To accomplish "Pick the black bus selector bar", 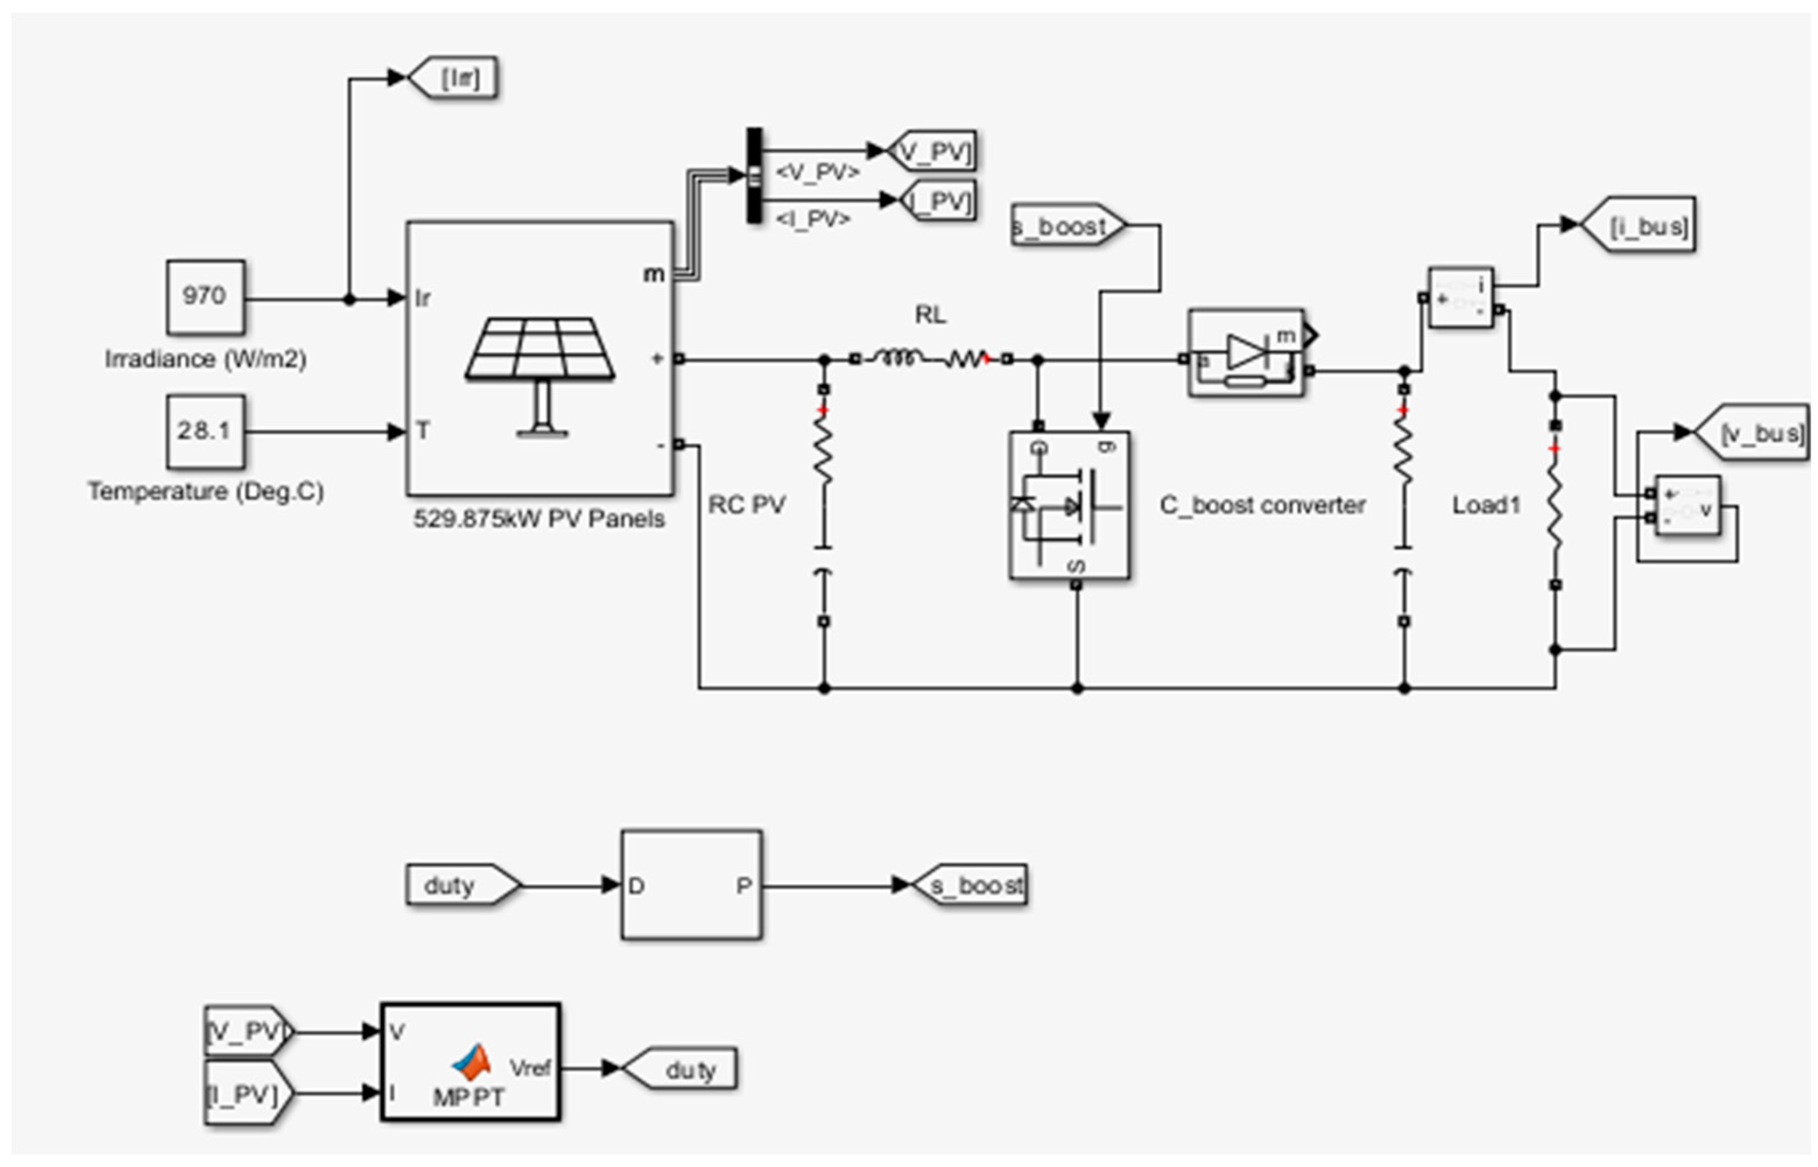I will click(x=755, y=176).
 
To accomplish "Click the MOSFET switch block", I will click(x=1069, y=505).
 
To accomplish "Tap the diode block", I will click(x=1246, y=352).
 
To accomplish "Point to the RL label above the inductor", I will click(x=930, y=314).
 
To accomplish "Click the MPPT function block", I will click(x=470, y=1062).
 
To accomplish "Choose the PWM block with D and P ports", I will click(x=690, y=885).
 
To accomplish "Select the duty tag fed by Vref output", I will click(x=681, y=1069).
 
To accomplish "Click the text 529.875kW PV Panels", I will click(x=538, y=519).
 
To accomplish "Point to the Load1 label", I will click(x=1486, y=505).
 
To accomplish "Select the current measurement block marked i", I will click(x=1460, y=298).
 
